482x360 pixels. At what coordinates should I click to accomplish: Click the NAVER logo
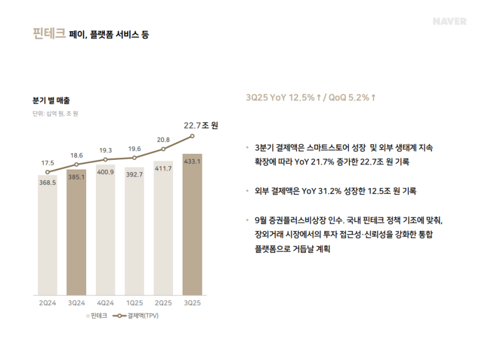(449, 21)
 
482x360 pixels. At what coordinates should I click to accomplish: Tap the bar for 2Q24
(47, 235)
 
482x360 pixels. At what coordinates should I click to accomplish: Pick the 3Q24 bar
(77, 232)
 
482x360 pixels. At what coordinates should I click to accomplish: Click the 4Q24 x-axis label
(105, 303)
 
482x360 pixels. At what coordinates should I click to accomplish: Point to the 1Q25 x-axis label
(134, 303)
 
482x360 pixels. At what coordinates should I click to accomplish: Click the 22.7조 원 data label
(201, 125)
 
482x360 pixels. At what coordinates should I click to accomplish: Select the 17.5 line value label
(48, 163)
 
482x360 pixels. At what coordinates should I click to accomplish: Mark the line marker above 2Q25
(163, 150)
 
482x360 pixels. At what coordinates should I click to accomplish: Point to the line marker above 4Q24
(105, 160)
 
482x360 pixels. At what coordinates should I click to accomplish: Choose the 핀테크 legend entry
(96, 315)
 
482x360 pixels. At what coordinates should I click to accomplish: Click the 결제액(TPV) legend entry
(139, 315)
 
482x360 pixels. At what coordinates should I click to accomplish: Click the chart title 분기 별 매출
(51, 100)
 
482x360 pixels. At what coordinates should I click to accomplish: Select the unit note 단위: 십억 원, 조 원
(55, 113)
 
